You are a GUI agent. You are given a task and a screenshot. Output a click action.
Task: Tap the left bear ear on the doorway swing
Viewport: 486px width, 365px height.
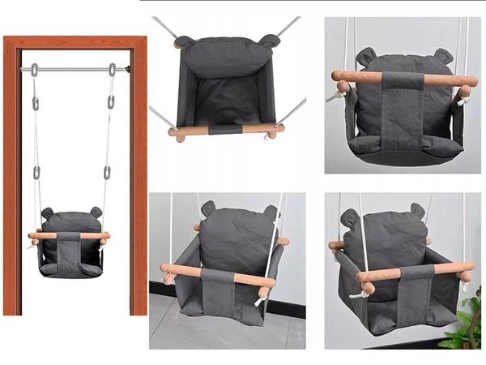pos(47,213)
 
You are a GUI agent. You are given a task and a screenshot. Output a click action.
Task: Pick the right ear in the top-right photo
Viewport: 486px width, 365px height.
pos(441,55)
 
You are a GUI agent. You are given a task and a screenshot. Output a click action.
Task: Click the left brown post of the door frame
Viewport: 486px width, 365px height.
pos(11,178)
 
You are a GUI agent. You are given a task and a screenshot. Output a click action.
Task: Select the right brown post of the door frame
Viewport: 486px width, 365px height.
pos(139,178)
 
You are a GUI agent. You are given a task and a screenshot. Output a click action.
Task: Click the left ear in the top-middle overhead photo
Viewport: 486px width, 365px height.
pos(184,41)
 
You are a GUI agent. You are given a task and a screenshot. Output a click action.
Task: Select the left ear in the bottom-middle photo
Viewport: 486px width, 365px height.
pos(208,208)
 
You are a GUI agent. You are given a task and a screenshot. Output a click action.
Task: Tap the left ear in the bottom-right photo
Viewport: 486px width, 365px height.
pos(349,217)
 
